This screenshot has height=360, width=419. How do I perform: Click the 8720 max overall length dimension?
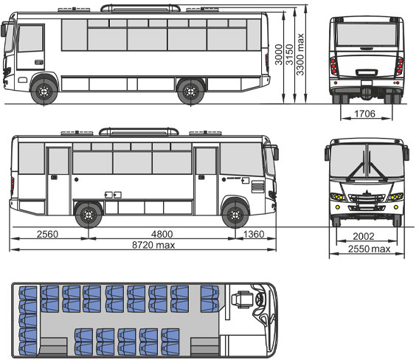coord(153,245)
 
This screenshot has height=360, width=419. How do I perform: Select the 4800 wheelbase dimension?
coord(162,234)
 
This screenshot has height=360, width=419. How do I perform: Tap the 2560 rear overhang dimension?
coord(47,234)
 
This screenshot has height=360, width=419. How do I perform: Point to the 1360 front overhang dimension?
coord(254,234)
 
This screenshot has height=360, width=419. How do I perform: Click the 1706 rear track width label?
coord(364,114)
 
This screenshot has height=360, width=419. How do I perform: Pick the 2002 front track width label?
coord(364,236)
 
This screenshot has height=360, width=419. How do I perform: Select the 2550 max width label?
coord(369,249)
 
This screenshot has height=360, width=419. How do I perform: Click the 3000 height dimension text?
coord(279,55)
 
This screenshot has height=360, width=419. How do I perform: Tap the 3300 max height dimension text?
coord(300,55)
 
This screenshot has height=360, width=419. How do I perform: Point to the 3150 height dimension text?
coord(289,55)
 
